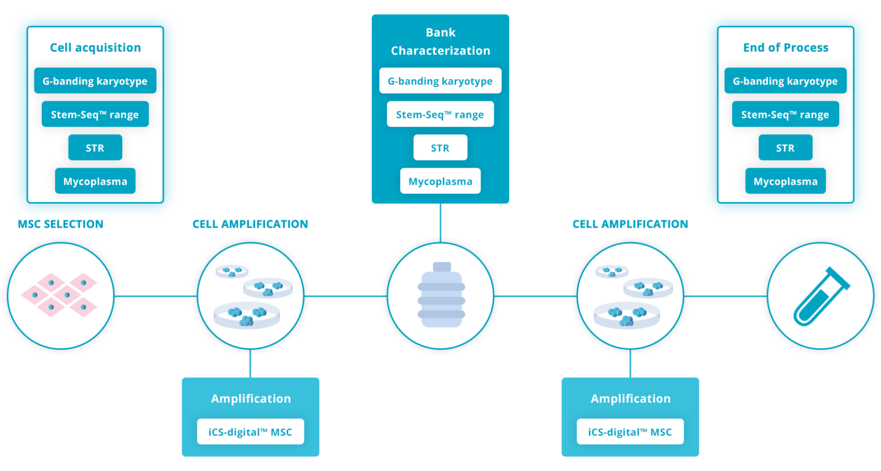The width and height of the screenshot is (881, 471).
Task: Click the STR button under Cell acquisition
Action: [x=95, y=148]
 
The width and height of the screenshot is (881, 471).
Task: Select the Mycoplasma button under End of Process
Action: [x=785, y=181]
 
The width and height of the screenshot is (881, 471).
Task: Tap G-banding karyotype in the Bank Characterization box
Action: [x=440, y=81]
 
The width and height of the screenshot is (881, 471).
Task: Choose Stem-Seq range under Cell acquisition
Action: [x=95, y=114]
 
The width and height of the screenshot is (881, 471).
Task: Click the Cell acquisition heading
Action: [x=95, y=48]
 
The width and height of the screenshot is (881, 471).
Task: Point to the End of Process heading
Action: [x=785, y=48]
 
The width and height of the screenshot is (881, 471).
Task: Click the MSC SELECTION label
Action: [x=60, y=224]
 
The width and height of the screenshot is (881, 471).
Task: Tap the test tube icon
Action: [x=820, y=297]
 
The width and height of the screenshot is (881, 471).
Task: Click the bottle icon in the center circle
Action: [x=440, y=295]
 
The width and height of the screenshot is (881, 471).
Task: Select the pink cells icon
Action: [x=60, y=295]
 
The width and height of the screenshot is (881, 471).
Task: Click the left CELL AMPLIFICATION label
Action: [x=250, y=224]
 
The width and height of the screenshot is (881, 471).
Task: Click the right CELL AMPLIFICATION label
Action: [x=630, y=224]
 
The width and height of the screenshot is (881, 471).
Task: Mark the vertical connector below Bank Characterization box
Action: [x=440, y=223]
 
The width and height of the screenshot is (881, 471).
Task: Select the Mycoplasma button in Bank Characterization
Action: [x=440, y=181]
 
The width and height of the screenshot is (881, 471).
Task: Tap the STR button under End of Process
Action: [x=785, y=148]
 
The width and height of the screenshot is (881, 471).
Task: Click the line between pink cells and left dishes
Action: [x=155, y=296]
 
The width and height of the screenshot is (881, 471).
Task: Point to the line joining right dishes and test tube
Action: [x=725, y=296]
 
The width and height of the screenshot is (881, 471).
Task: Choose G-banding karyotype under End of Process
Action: [x=785, y=81]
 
